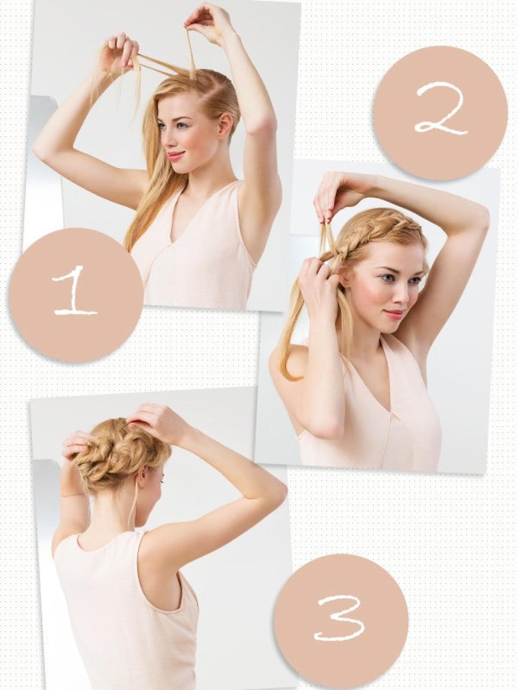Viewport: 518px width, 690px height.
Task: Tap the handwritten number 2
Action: (441, 111)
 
